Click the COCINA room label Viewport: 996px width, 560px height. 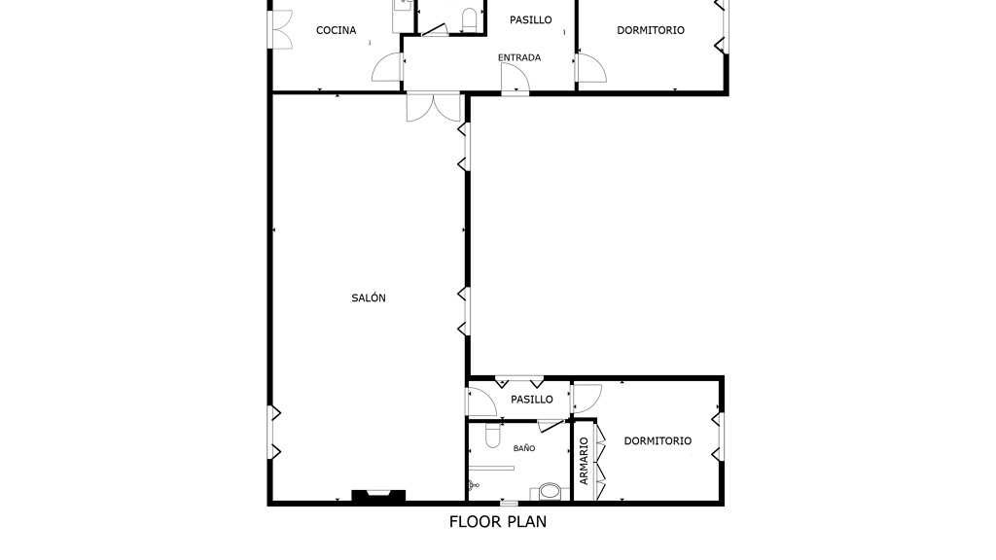[x=336, y=30]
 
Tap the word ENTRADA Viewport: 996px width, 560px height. [x=519, y=57]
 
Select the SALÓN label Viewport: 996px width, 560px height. [x=369, y=297]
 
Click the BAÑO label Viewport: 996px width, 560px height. [x=524, y=447]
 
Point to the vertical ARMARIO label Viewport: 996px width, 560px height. [x=584, y=461]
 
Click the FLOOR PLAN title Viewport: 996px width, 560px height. [x=497, y=521]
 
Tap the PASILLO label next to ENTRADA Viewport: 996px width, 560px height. [x=530, y=19]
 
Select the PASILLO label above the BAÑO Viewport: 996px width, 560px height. [x=532, y=400]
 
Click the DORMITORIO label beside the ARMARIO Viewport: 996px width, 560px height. [x=658, y=440]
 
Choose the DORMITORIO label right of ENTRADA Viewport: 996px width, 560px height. [x=651, y=30]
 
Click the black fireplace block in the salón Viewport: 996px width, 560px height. [x=378, y=497]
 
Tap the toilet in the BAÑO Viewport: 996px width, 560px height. [x=493, y=435]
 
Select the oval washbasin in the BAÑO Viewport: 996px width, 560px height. [x=551, y=491]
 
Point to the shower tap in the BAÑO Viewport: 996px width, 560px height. [x=473, y=486]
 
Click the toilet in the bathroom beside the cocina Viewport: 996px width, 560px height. [x=470, y=19]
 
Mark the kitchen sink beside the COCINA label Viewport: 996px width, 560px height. [x=402, y=6]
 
